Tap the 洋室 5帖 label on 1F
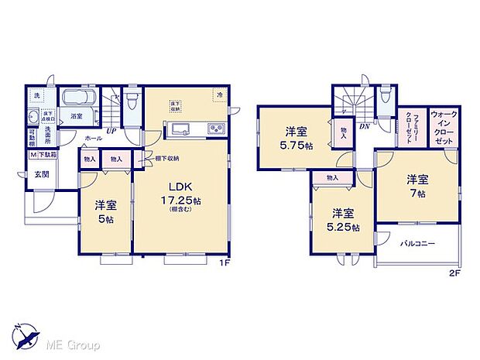coord(105,211)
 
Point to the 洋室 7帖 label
coord(419,187)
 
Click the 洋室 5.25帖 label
coord(343,221)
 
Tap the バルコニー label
coord(417,244)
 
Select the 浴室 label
coord(77,116)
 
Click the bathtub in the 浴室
coord(77,99)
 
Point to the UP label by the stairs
coord(111,132)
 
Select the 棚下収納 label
coord(166,159)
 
